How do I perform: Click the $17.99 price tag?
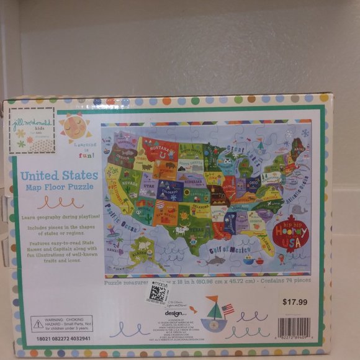294,303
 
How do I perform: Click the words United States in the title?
59,176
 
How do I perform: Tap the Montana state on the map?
159,148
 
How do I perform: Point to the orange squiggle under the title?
60,202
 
